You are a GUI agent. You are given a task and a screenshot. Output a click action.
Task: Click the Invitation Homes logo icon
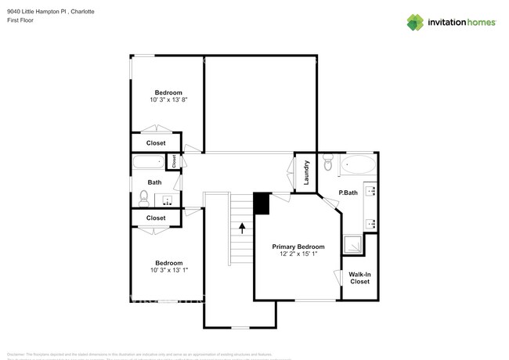(416, 22)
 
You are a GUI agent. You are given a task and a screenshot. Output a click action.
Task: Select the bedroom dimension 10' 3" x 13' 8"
(168, 100)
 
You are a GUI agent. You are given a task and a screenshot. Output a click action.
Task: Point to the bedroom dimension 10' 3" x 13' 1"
(168, 270)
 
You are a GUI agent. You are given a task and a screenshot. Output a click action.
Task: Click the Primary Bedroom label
(298, 246)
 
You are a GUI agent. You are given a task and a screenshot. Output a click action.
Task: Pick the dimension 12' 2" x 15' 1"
(298, 254)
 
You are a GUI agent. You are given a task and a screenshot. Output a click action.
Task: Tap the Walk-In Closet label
(359, 277)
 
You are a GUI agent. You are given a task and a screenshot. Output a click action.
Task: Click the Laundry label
(306, 171)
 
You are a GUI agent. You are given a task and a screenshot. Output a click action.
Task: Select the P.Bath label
(348, 193)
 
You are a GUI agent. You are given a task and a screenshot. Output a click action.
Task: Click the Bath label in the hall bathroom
(155, 182)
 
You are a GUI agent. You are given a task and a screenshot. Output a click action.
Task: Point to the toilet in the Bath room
(144, 197)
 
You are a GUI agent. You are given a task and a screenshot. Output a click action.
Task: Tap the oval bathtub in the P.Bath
(359, 165)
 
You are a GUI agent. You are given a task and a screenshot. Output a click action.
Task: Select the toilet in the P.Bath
(328, 164)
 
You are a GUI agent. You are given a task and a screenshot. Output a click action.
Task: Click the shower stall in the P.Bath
(355, 245)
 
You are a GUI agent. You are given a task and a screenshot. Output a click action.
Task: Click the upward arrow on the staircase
(243, 229)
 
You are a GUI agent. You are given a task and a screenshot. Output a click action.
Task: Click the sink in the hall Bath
(168, 200)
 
